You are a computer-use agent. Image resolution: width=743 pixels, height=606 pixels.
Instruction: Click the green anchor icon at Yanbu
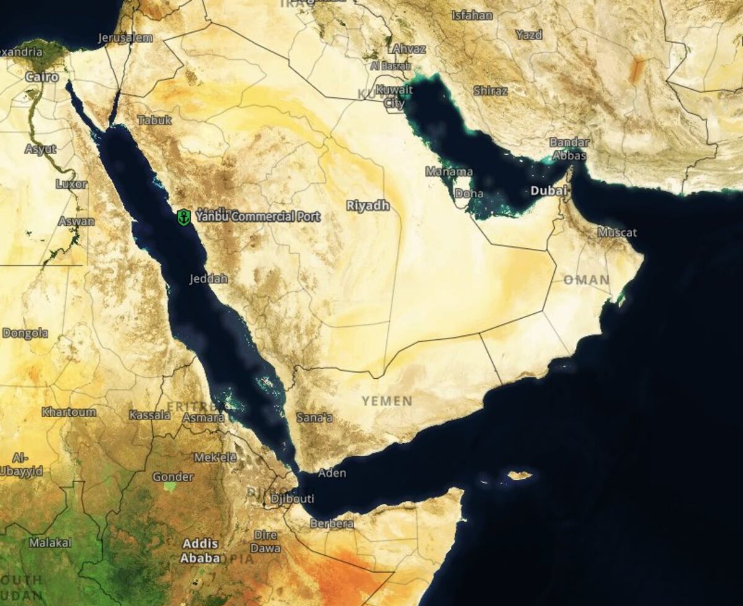(x=183, y=217)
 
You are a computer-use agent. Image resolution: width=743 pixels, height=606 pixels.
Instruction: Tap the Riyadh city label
(x=368, y=206)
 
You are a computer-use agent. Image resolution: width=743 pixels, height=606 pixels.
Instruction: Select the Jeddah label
(x=209, y=279)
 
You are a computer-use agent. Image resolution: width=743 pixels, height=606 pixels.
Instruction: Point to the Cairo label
(x=42, y=77)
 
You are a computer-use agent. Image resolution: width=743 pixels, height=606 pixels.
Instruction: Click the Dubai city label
(x=549, y=191)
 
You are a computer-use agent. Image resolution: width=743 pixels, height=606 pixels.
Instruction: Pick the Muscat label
(x=617, y=233)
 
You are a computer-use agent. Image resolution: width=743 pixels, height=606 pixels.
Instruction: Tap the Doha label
(x=469, y=194)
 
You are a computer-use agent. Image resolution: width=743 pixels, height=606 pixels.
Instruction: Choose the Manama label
(x=449, y=171)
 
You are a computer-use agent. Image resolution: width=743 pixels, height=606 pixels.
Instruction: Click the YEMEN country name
(x=387, y=401)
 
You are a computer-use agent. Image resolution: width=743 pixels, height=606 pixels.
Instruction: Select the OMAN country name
(x=586, y=280)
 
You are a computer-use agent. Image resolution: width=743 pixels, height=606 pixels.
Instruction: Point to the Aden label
(x=332, y=474)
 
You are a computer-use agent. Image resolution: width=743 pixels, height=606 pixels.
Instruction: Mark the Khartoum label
(x=69, y=412)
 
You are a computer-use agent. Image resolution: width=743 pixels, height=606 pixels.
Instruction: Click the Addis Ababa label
(x=200, y=551)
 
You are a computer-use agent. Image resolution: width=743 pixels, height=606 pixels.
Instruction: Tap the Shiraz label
(x=490, y=91)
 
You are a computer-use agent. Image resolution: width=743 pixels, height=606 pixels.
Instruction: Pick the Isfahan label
(x=472, y=15)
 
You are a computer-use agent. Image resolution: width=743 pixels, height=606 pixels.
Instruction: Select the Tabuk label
(x=154, y=120)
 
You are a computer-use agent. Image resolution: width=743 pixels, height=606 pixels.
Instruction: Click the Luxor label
(x=71, y=184)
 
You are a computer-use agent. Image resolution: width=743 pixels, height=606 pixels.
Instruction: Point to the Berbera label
(x=333, y=524)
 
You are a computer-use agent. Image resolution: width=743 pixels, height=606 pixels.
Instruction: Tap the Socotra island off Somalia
(x=519, y=475)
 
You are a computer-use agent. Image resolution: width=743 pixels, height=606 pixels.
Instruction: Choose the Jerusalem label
(x=125, y=38)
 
